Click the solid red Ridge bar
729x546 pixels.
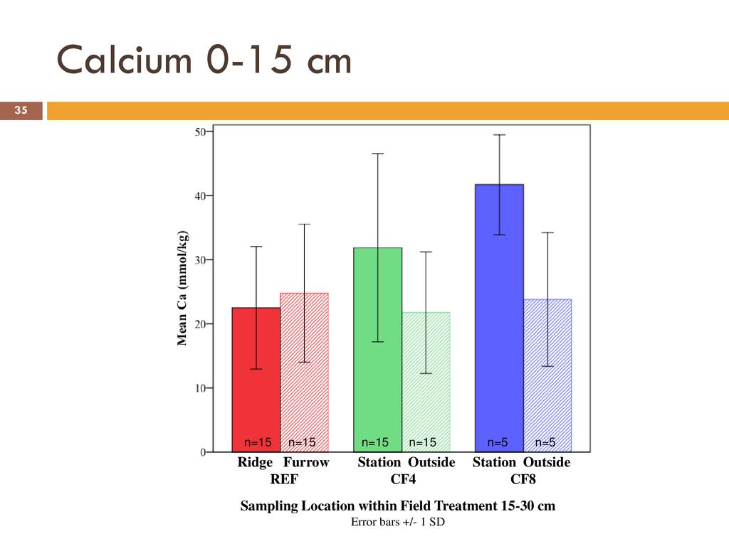click(x=256, y=398)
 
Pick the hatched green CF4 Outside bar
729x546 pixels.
click(x=426, y=398)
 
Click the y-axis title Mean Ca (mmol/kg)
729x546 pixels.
click(x=182, y=289)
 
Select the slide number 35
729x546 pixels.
click(x=21, y=111)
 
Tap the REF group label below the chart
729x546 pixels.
click(x=283, y=479)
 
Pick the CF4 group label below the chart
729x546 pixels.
click(x=403, y=479)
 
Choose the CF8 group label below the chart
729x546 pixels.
click(x=523, y=479)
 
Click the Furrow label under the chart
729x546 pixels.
click(x=306, y=463)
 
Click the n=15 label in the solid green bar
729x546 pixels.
click(x=375, y=443)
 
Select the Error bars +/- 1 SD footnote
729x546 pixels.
click(x=397, y=523)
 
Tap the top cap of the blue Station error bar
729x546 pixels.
click(x=500, y=135)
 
